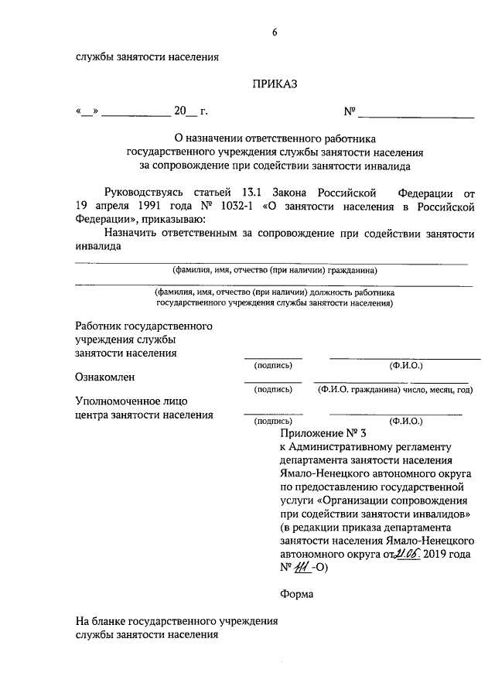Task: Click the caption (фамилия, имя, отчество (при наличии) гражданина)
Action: pos(275,271)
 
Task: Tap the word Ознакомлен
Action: pos(105,377)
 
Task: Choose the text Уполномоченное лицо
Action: pos(131,401)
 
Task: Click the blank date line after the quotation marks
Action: pos(136,113)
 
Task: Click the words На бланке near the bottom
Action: pos(98,621)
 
